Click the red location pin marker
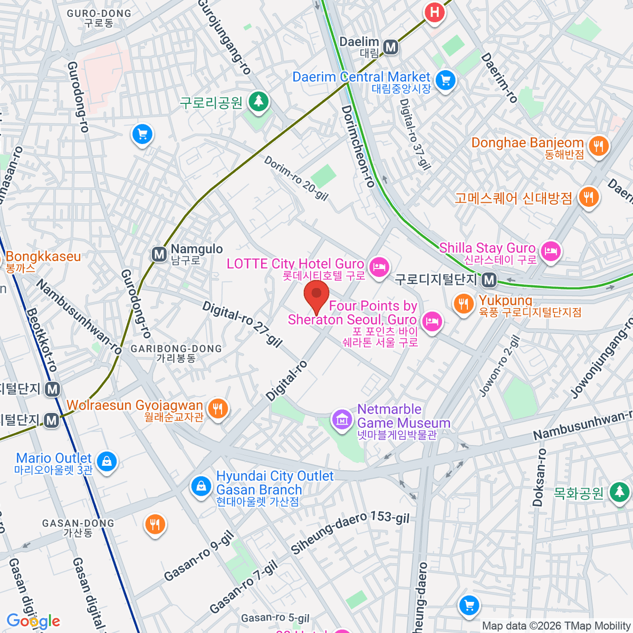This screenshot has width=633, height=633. [x=316, y=295]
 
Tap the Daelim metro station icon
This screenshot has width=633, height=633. [x=390, y=47]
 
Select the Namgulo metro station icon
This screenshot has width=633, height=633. [x=159, y=254]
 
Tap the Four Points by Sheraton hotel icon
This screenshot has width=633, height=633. [x=431, y=321]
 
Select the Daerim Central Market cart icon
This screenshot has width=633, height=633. [x=446, y=80]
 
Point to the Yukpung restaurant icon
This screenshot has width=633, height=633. [x=463, y=304]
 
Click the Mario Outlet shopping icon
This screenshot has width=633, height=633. [x=107, y=461]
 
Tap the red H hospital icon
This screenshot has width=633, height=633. [x=435, y=12]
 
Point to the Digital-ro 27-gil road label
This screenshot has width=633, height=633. [x=243, y=324]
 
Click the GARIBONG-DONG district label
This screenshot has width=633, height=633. [x=176, y=353]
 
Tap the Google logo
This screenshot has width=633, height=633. [x=33, y=621]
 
